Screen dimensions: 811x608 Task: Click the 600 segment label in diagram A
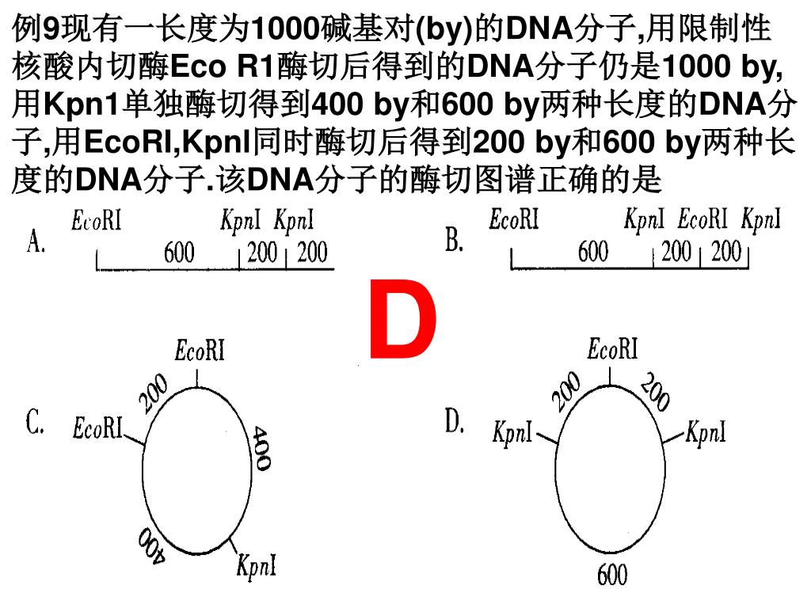[178, 253]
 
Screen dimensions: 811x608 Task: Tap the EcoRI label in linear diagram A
[97, 221]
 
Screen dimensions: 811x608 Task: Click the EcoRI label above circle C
[200, 350]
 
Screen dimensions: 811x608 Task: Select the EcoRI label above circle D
[612, 348]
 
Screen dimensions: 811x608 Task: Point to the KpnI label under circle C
[257, 566]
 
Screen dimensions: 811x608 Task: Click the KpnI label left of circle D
[512, 433]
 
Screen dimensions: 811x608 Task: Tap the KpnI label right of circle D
[706, 432]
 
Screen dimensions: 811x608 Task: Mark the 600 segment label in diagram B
[593, 253]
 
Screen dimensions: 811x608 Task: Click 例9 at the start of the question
[36, 30]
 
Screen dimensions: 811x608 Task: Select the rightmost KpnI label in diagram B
[761, 219]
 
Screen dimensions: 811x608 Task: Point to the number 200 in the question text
[499, 142]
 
